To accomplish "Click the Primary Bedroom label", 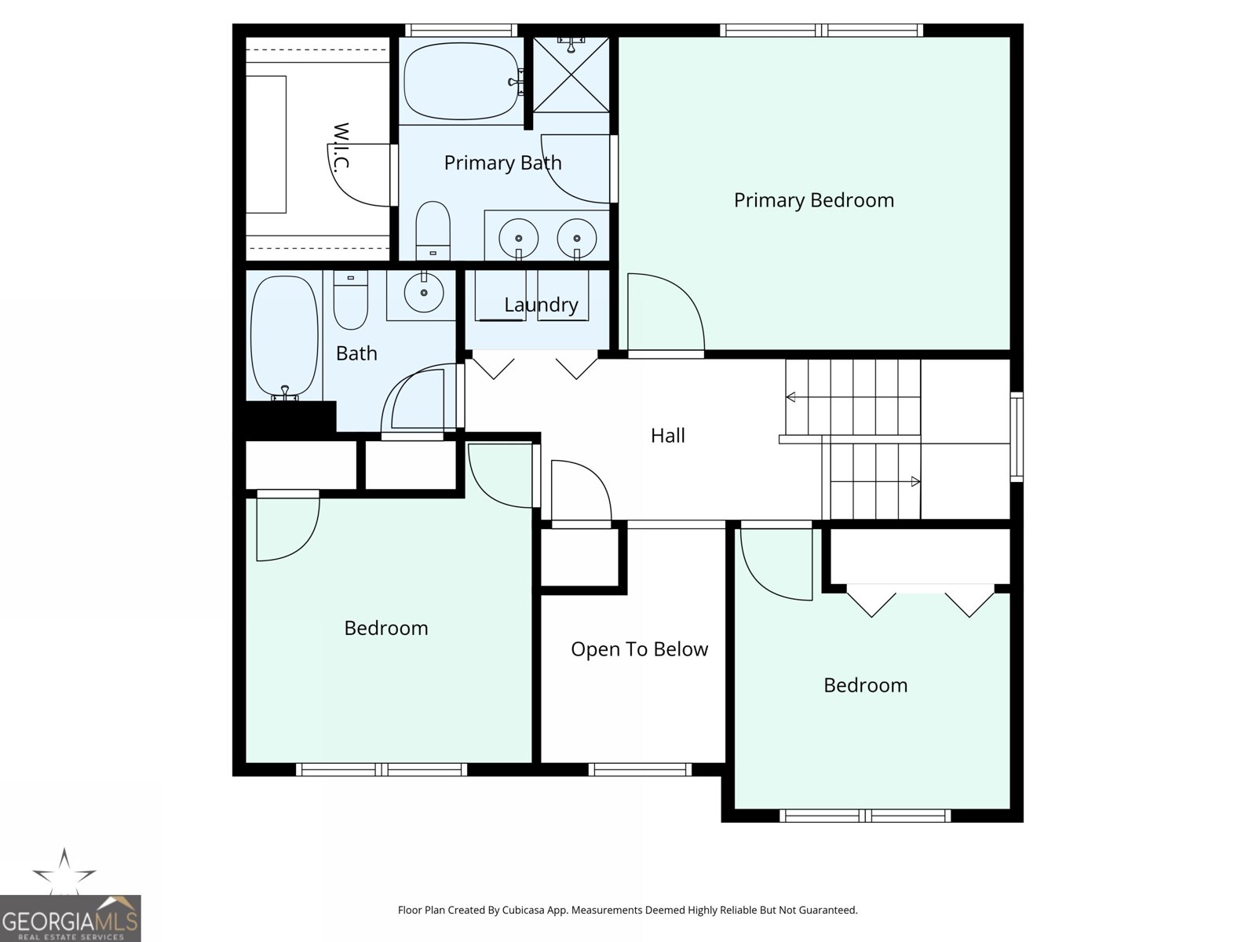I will pyautogui.click(x=813, y=200).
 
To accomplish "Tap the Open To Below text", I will pyautogui.click(x=639, y=649).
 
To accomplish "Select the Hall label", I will pyautogui.click(x=667, y=436).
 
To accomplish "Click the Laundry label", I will pyautogui.click(x=541, y=305).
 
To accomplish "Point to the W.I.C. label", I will pyautogui.click(x=340, y=147).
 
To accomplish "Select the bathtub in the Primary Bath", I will pyautogui.click(x=462, y=81).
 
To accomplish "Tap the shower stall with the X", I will pyautogui.click(x=571, y=75).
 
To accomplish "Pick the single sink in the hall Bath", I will pyautogui.click(x=424, y=293).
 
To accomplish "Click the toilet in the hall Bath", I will pyautogui.click(x=350, y=300).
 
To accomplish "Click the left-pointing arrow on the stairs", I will pyautogui.click(x=790, y=397).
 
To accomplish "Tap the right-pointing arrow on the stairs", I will pyautogui.click(x=915, y=481).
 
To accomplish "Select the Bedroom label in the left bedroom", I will pyautogui.click(x=385, y=628).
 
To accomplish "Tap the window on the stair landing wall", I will pyautogui.click(x=1016, y=436).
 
